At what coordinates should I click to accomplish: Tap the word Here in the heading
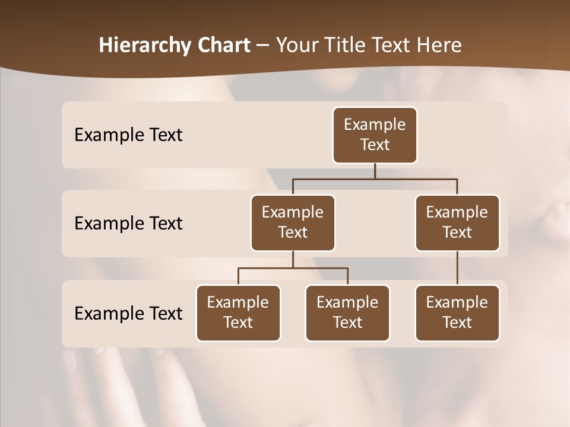tap(440, 45)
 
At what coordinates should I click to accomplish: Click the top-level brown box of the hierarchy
tap(375, 135)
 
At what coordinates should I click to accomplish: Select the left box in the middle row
tap(293, 222)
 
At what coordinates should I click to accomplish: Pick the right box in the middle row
tap(457, 222)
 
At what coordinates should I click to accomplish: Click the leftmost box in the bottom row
tap(238, 313)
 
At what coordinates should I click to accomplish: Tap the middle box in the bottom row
tap(347, 313)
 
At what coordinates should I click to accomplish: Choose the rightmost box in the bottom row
tap(457, 313)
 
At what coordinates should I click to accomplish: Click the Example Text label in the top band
tap(128, 135)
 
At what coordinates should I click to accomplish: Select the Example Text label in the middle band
tap(128, 224)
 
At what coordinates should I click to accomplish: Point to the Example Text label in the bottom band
tap(128, 313)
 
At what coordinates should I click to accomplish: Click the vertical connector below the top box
tap(375, 171)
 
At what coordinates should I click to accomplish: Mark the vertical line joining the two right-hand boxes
tap(457, 268)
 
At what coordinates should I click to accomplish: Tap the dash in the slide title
tap(263, 46)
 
